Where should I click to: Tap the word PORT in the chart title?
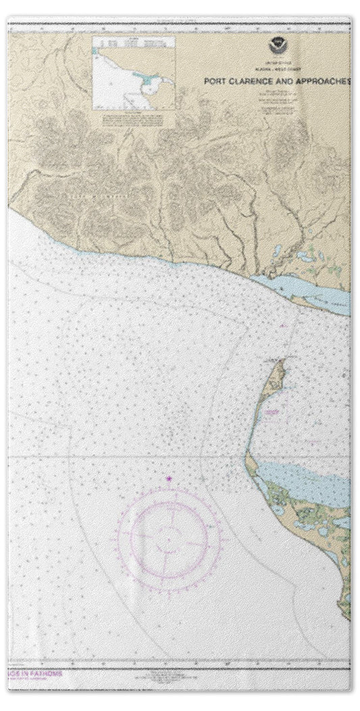point(217,79)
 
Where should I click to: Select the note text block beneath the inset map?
point(133,119)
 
